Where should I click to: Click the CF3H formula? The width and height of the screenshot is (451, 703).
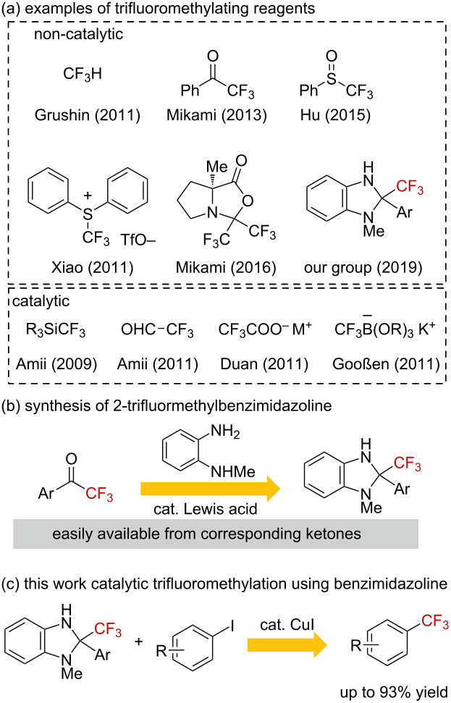[83, 74]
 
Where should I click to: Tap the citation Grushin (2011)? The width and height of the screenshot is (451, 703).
[88, 115]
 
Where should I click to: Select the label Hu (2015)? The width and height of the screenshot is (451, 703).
[336, 115]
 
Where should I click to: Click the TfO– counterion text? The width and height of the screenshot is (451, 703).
[138, 241]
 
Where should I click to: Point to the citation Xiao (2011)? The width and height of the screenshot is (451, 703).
[91, 268]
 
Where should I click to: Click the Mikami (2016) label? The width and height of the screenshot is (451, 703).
[226, 268]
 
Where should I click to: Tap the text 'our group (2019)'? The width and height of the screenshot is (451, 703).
[363, 268]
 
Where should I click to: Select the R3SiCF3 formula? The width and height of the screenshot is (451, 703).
[56, 330]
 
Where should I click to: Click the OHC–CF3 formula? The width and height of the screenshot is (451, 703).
[157, 330]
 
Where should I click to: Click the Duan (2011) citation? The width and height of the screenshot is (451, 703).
[264, 364]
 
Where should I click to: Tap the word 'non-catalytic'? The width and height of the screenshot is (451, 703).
[78, 35]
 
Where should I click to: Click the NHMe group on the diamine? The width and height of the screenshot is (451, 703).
[232, 471]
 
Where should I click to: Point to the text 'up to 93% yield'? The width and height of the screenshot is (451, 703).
[394, 691]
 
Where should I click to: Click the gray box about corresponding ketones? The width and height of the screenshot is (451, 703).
[216, 534]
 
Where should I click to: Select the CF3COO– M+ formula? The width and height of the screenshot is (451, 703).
[265, 330]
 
